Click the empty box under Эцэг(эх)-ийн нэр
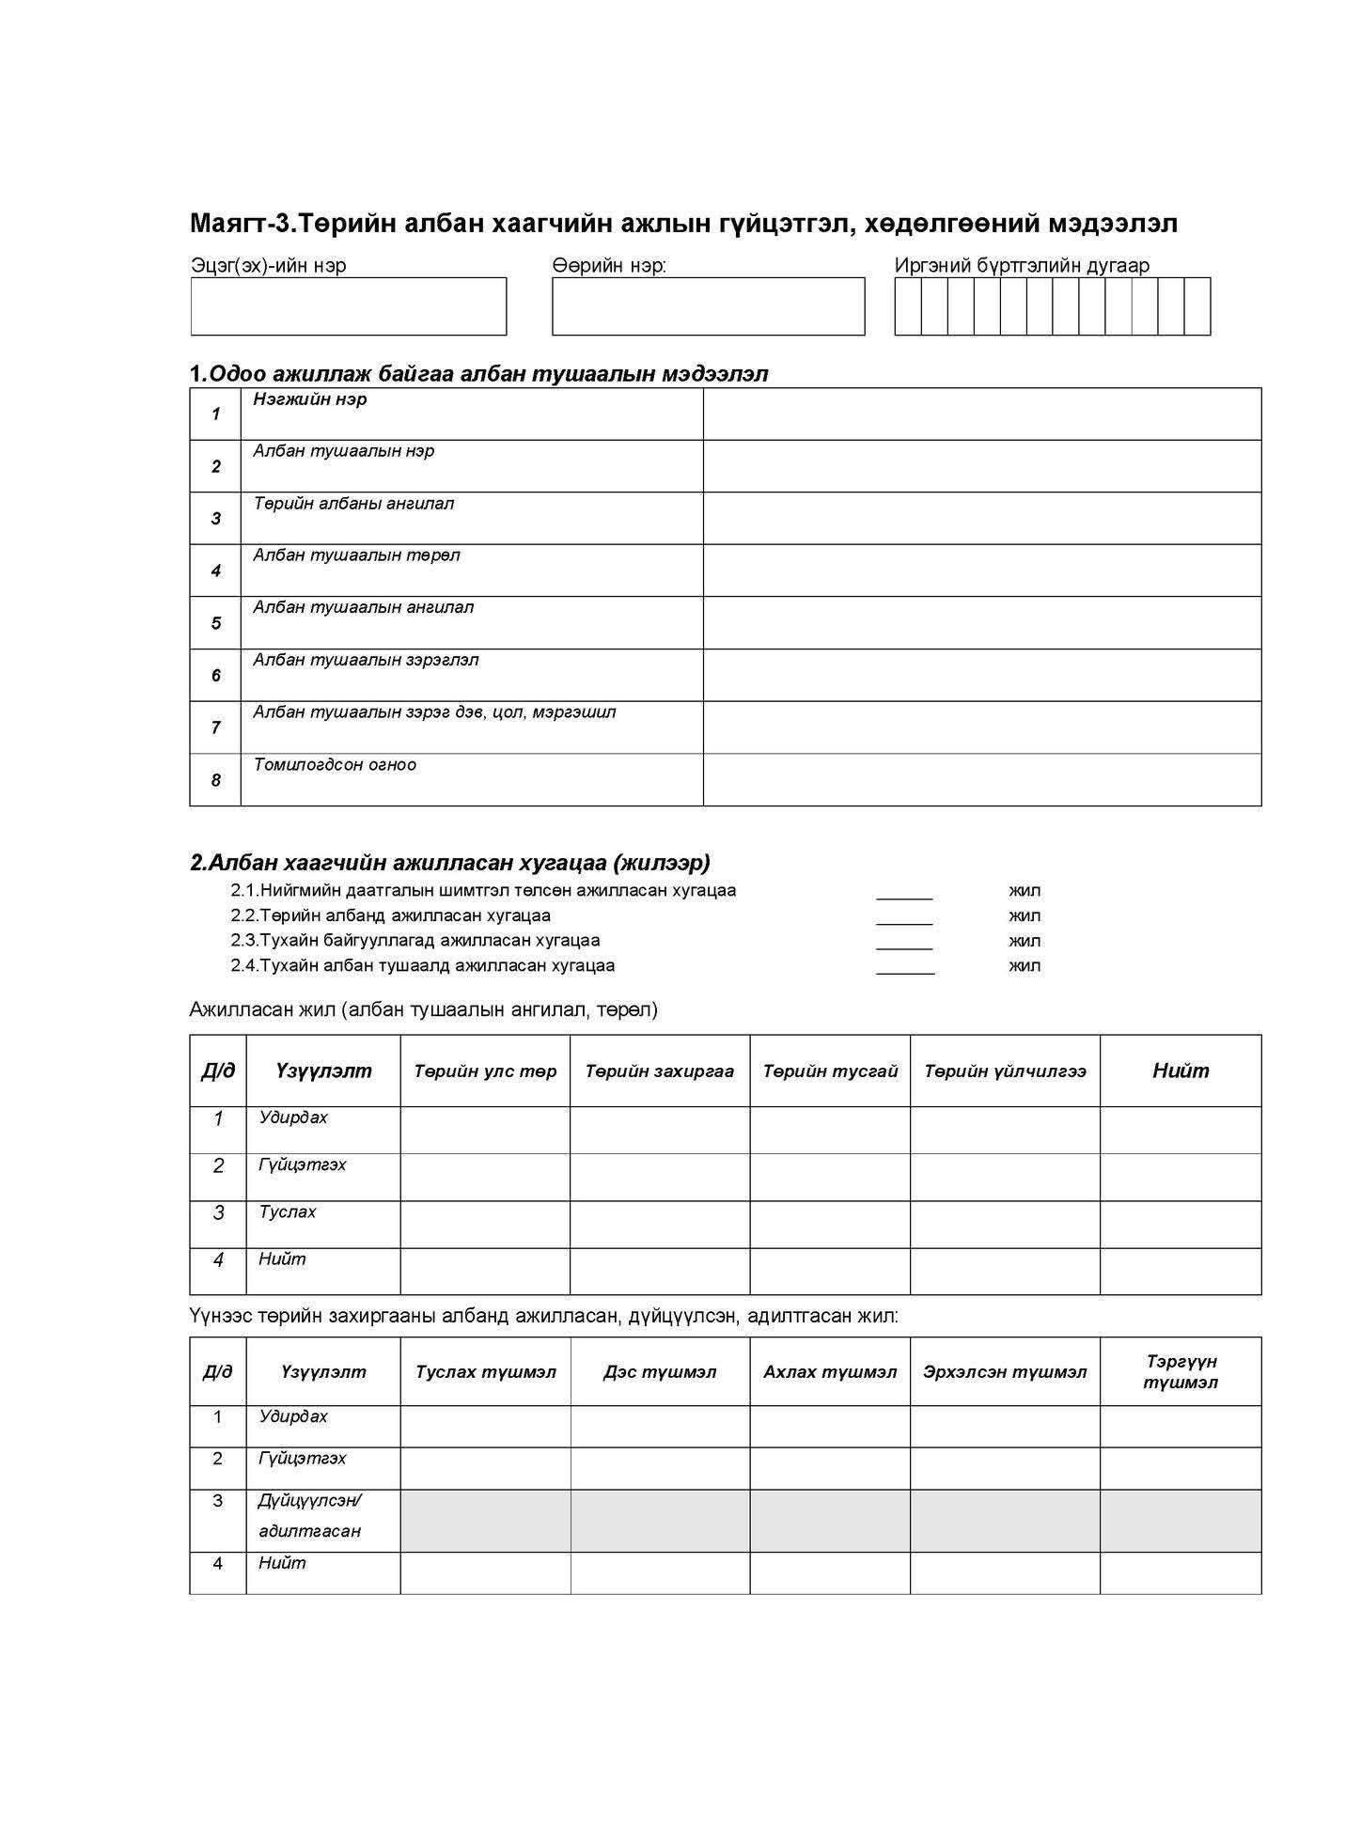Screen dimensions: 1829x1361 tap(348, 306)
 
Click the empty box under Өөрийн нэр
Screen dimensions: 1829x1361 tap(708, 306)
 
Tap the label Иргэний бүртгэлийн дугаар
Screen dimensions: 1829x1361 tap(1022, 266)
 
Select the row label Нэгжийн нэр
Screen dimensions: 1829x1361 tap(310, 399)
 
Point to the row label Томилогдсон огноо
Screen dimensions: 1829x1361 tap(335, 764)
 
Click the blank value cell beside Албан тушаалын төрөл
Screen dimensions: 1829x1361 tap(981, 571)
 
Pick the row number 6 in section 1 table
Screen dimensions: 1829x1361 tap(215, 676)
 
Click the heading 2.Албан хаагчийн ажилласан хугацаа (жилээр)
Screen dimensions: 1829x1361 tap(450, 863)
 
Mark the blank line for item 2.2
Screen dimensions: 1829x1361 tap(904, 917)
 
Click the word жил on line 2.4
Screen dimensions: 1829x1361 tap(1025, 965)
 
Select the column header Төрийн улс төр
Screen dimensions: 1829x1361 tap(485, 1071)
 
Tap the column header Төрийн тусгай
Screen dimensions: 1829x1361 tap(830, 1071)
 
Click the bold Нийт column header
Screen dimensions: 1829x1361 tap(1181, 1071)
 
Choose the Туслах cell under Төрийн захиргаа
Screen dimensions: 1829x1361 tap(660, 1225)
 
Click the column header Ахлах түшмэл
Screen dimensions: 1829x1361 tap(830, 1372)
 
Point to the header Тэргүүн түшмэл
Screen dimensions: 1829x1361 tap(1181, 1372)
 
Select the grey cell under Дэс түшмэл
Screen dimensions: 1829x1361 tap(660, 1521)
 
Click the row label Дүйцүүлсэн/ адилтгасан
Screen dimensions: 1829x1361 tap(310, 1515)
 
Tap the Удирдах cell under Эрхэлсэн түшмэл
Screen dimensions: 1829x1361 tap(1005, 1427)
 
